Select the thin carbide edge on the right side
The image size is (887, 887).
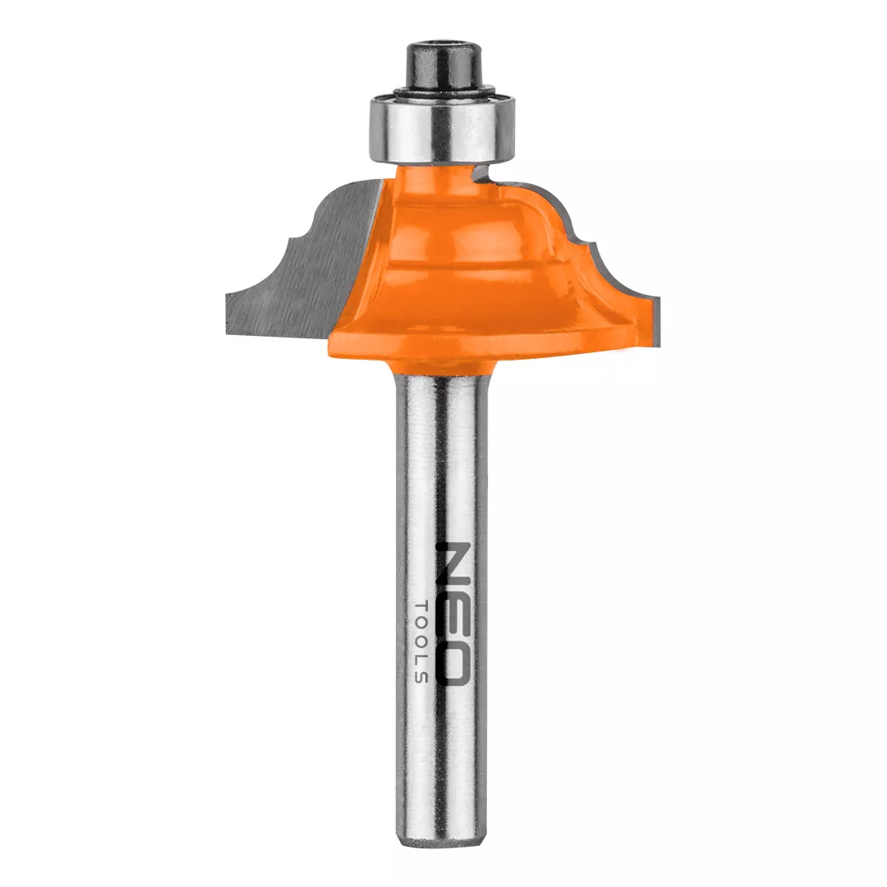(x=611, y=255)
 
